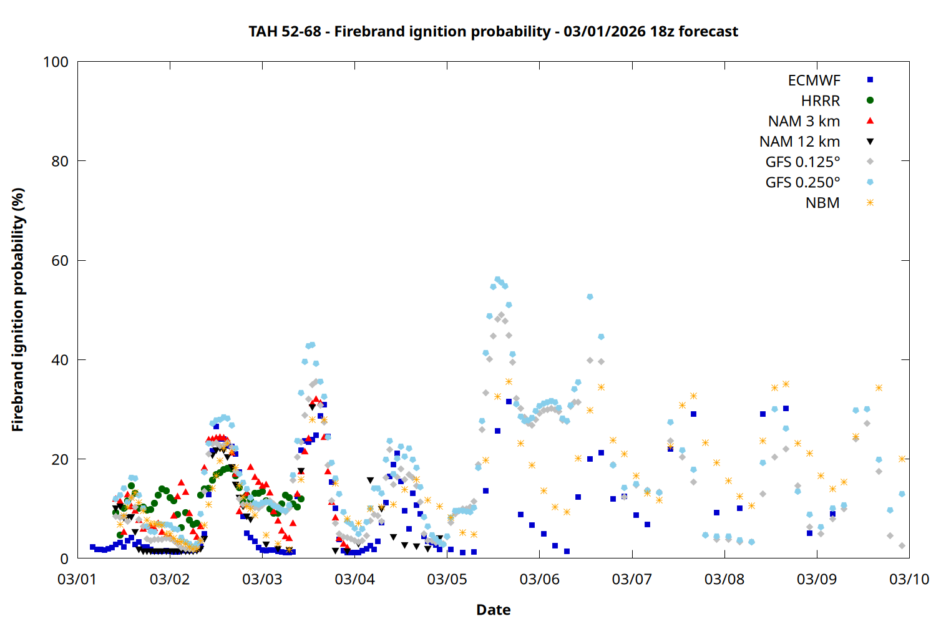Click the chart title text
point(493,31)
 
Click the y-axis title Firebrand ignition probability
point(18,310)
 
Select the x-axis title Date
point(493,610)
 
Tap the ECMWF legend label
point(814,80)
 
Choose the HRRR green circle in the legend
point(870,100)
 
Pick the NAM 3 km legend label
point(804,121)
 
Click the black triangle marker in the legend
point(870,142)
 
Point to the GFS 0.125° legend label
point(802,162)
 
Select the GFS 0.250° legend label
point(802,183)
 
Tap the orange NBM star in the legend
point(870,203)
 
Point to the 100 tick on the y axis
point(56,62)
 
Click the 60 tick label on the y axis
point(60,260)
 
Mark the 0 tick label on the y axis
point(64,558)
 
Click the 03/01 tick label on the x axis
point(77,579)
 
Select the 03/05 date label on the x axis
point(447,579)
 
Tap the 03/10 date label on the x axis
point(909,579)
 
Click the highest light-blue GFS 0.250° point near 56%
point(497,280)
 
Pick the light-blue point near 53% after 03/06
point(590,297)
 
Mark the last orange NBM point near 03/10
point(902,459)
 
